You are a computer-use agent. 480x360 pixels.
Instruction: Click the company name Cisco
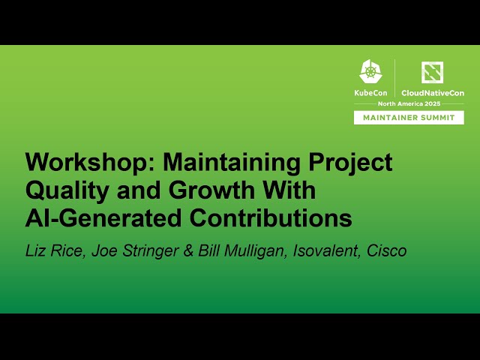click(387, 251)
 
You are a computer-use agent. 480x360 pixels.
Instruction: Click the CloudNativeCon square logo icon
click(432, 72)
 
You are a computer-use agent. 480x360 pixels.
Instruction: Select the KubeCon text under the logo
click(371, 92)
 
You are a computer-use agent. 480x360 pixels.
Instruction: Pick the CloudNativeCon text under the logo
click(432, 92)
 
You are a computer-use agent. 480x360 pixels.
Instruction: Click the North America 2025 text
click(409, 103)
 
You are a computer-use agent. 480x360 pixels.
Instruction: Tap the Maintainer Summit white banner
click(409, 118)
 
